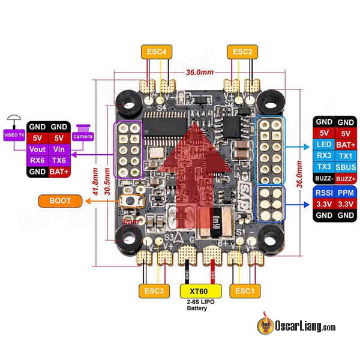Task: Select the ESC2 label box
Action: (x=243, y=52)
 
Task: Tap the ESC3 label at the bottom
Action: (x=154, y=291)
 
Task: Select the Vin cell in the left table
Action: (x=59, y=149)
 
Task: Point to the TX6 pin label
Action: (x=59, y=161)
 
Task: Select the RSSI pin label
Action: (x=323, y=193)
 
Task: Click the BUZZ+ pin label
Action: (x=344, y=179)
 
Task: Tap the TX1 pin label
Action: (x=344, y=156)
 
